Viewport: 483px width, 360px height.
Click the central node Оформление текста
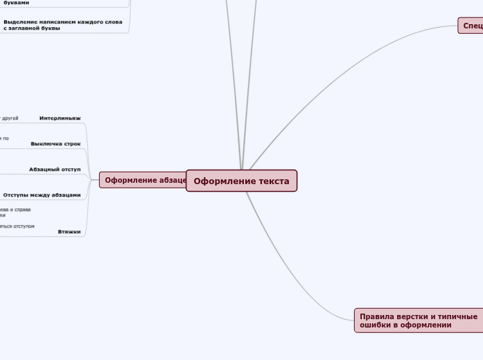(241, 181)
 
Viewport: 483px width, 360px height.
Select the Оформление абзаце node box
(144, 180)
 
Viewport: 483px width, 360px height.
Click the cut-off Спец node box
(471, 26)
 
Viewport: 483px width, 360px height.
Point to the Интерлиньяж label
(60, 118)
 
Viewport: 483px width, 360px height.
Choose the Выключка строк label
(55, 144)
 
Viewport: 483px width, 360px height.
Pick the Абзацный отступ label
(55, 169)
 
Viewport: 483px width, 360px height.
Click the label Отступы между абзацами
(42, 195)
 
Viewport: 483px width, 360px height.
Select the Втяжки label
(69, 231)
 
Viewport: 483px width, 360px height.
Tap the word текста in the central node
(273, 181)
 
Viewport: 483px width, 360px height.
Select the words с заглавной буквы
(32, 28)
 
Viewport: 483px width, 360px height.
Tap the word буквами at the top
(17, 3)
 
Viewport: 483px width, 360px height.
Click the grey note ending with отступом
(17, 226)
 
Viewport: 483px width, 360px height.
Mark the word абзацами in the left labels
(67, 195)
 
